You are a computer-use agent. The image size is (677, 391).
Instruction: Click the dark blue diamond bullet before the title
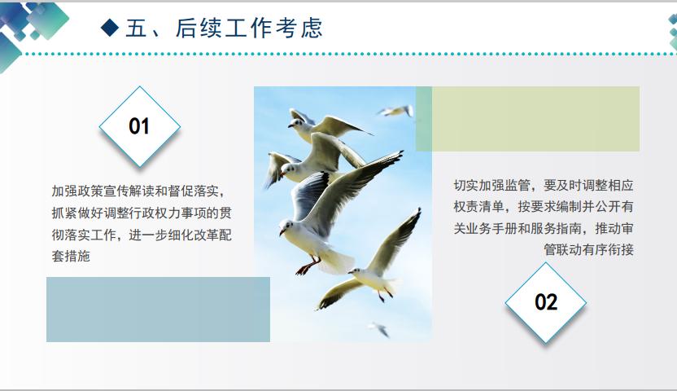[x=110, y=28]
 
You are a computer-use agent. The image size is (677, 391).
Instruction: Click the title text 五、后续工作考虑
[x=224, y=28]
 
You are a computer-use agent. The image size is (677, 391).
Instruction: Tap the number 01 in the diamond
[x=139, y=126]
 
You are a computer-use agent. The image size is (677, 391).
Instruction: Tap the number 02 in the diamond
[x=546, y=302]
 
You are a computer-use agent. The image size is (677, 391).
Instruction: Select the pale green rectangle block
[x=535, y=119]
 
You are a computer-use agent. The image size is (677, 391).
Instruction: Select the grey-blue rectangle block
[x=158, y=310]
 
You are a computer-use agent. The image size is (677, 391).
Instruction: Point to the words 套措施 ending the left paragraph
[x=71, y=257]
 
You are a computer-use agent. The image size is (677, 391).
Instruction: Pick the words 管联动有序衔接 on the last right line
[x=588, y=249]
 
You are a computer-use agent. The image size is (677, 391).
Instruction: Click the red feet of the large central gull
[x=307, y=267]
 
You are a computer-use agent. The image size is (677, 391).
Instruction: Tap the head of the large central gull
[x=286, y=226]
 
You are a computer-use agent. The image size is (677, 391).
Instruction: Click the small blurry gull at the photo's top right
[x=395, y=111]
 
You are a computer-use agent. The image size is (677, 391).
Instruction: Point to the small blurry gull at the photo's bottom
[x=378, y=329]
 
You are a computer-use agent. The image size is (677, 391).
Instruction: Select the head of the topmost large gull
[x=295, y=124]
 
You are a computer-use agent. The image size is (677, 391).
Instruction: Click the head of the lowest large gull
[x=356, y=271]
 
